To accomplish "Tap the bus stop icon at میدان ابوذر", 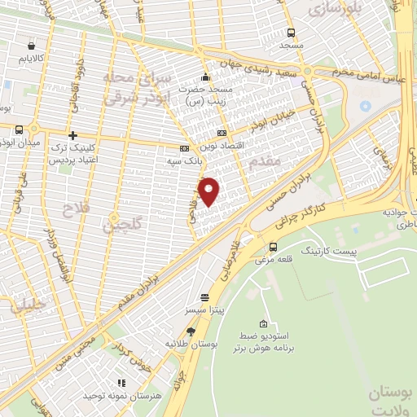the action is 20,129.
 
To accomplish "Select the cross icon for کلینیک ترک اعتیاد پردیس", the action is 73,135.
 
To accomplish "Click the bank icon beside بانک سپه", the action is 184,148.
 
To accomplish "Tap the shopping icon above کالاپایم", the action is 31,46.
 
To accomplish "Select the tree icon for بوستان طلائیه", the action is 191,331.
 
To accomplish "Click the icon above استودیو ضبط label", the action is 262,323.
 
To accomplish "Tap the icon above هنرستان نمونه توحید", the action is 121,382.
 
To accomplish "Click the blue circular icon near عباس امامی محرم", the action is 365,106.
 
